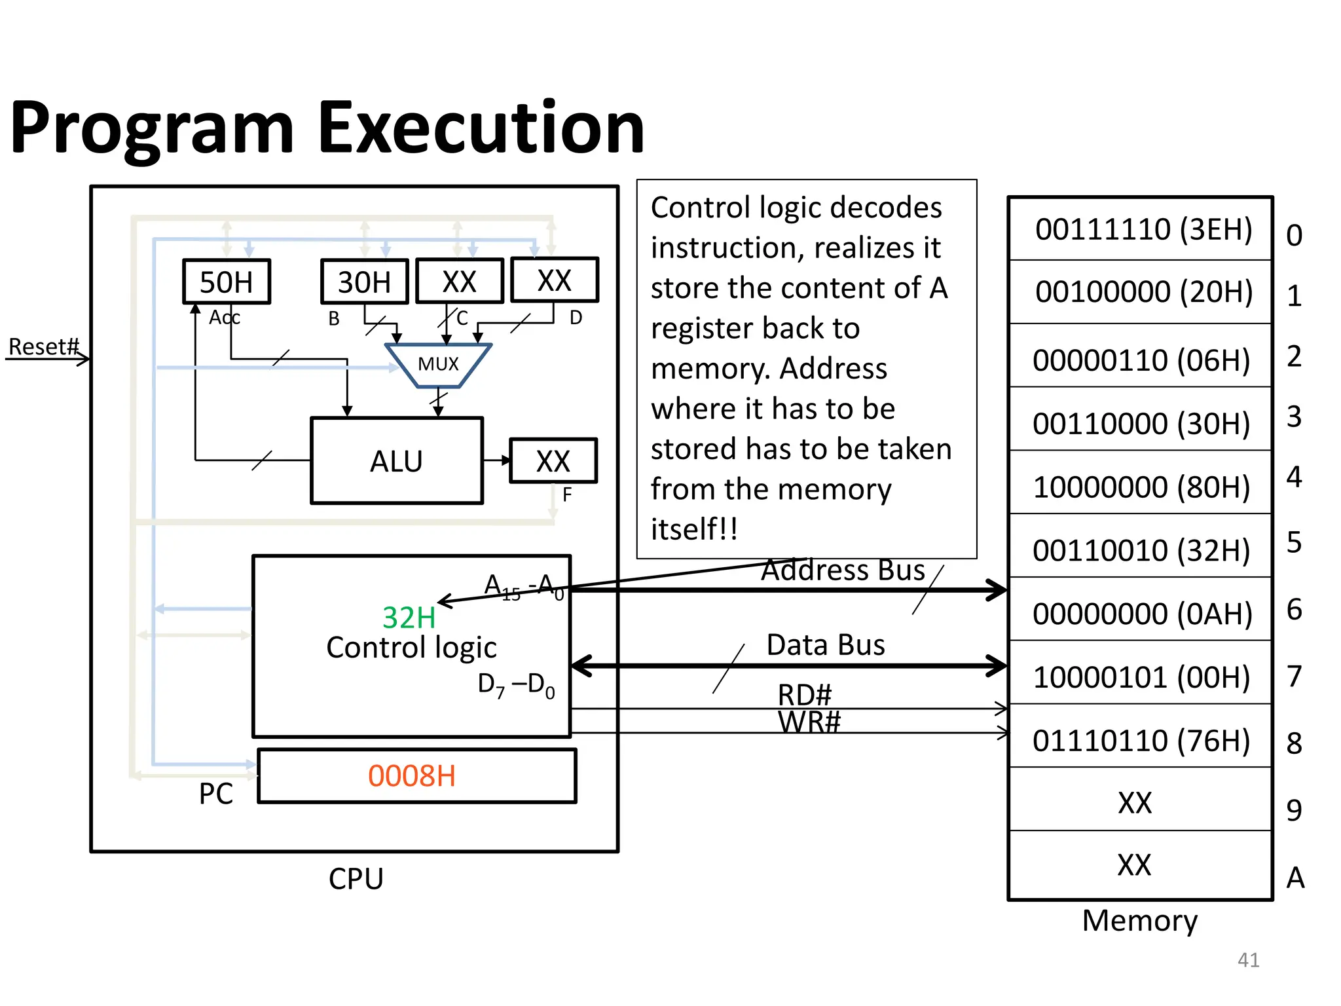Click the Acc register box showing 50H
226,282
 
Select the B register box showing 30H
364,282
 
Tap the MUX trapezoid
438,365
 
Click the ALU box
397,461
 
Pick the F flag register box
553,461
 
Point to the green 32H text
409,618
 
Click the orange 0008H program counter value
412,776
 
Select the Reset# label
43,346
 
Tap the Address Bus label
843,570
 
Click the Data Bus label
826,645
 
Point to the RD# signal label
805,694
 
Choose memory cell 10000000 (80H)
1141,487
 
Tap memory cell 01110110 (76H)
1141,740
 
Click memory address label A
1295,878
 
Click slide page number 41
1248,959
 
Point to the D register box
554,280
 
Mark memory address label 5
1294,542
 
